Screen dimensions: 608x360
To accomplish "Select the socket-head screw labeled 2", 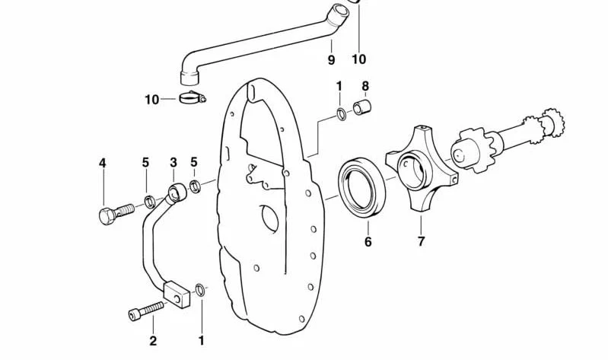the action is click(x=145, y=311).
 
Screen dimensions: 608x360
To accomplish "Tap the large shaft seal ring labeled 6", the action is click(x=362, y=187).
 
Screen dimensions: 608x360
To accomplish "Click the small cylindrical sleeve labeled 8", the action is click(x=361, y=107).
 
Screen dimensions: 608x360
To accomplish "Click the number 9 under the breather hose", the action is click(x=331, y=60).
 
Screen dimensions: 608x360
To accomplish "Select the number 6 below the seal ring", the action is click(x=368, y=242).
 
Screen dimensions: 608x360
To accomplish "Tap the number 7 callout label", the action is click(x=422, y=241).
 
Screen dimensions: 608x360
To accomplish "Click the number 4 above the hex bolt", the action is click(x=103, y=163).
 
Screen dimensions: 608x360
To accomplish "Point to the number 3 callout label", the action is click(x=173, y=162).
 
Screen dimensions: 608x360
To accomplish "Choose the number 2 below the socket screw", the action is click(x=153, y=341).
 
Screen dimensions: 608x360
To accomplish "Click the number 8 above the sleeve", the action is click(x=365, y=86).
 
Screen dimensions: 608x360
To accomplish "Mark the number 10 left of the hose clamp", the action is click(x=152, y=100).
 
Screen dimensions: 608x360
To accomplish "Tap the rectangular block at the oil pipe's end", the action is click(x=177, y=295).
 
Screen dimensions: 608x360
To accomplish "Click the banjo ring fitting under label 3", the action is click(x=177, y=193).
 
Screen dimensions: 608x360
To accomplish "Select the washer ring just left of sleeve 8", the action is click(x=342, y=114).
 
